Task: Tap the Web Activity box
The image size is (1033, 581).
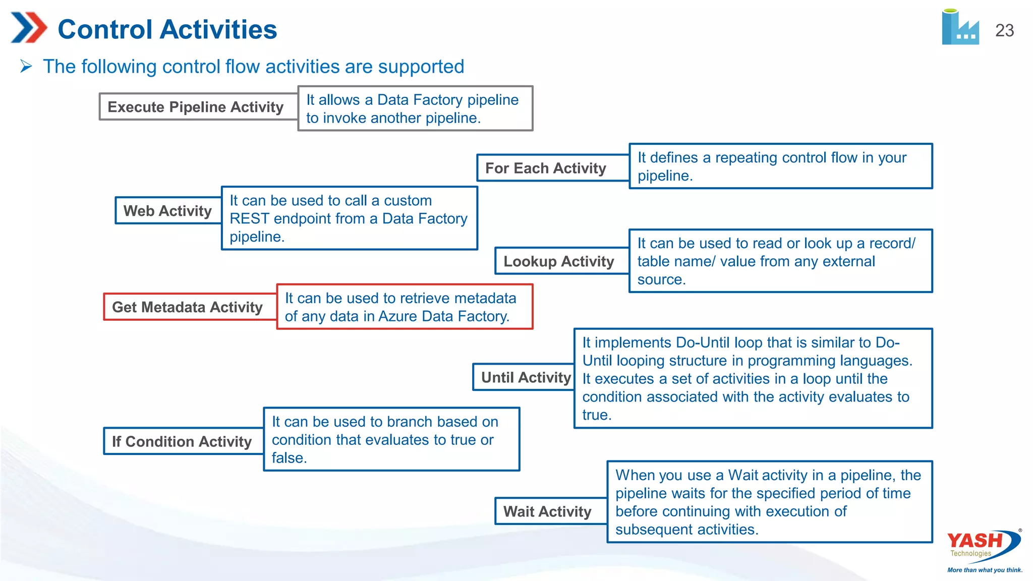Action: tap(168, 211)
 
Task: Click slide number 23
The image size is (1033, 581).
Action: tap(1004, 31)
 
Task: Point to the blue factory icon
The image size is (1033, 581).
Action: tap(960, 28)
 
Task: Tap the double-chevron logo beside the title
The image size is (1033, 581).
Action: tap(29, 28)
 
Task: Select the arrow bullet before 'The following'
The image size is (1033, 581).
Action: tap(26, 66)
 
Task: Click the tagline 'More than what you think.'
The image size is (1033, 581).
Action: tap(985, 570)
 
